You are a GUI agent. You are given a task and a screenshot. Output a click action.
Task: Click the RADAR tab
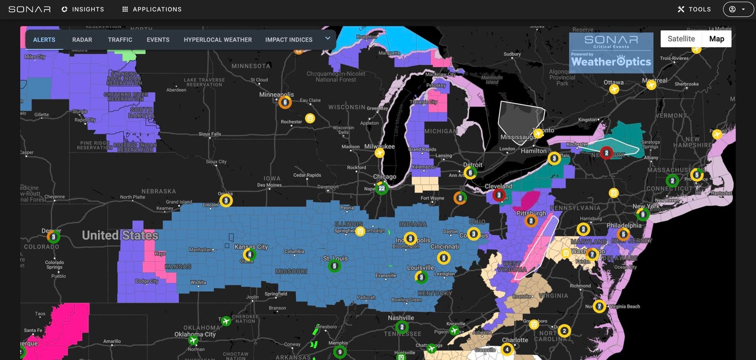point(82,40)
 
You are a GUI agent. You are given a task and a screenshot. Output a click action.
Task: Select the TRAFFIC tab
point(120,40)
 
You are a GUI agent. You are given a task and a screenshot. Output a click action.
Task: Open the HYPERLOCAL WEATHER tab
point(218,40)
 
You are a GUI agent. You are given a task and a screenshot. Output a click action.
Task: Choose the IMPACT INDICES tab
point(289,40)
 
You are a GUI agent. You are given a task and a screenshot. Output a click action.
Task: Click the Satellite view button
point(681,39)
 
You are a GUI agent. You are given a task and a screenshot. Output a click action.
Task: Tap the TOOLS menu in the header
point(694,9)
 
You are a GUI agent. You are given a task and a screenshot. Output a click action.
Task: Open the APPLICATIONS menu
point(152,9)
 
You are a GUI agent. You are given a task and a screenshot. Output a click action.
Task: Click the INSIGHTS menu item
point(83,9)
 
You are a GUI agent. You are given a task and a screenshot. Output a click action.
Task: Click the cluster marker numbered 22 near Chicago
point(382,189)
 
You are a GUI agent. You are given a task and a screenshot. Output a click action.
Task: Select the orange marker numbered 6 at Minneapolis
point(285,103)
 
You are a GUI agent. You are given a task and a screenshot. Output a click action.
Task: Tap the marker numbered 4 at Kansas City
point(249,255)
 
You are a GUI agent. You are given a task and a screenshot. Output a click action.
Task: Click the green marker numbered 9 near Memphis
point(340,352)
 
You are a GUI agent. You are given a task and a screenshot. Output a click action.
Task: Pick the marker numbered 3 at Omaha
point(226,201)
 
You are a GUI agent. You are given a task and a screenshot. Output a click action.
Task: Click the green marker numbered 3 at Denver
point(53,237)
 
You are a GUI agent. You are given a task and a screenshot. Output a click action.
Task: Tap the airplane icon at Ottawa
point(614,89)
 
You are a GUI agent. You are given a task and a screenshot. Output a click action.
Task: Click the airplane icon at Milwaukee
point(379,153)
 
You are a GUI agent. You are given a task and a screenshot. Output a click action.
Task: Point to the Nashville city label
point(401,318)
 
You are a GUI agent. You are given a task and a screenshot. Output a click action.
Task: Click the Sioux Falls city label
point(210,134)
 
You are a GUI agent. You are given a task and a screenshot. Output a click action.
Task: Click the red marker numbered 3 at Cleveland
point(499,195)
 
